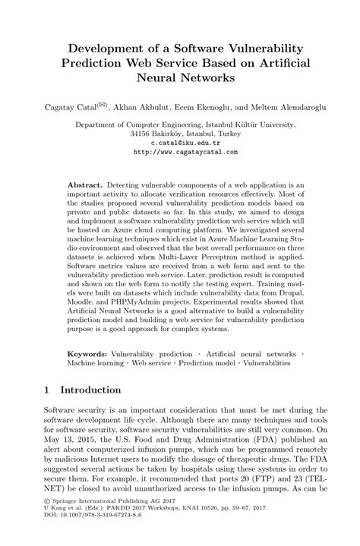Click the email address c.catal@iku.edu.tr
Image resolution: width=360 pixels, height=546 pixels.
pyautogui.click(x=179, y=142)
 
